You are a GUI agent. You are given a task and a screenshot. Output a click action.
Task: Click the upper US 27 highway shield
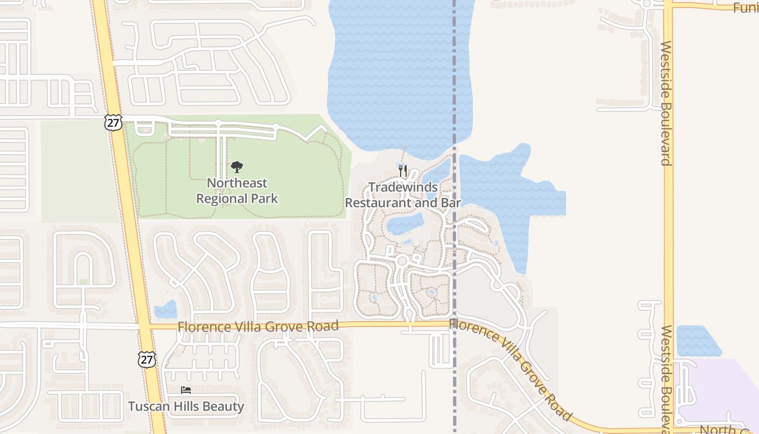coord(113,123)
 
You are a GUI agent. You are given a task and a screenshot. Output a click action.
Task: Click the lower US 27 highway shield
coord(146,359)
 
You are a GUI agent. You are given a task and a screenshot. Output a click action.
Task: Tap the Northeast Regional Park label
coord(237,190)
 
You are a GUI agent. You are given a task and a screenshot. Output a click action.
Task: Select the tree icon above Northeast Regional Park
coord(236,167)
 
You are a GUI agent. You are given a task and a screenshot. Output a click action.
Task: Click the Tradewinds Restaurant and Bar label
coord(403,195)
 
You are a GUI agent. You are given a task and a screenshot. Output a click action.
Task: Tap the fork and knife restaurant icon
coord(403,171)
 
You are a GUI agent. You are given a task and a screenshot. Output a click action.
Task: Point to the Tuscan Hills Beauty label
coord(186,406)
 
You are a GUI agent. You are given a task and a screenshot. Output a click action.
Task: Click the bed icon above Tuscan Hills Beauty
coord(186,390)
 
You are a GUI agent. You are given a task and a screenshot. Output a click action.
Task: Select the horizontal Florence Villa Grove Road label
coord(258,327)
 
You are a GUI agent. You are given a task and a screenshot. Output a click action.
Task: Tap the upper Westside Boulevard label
coord(666,103)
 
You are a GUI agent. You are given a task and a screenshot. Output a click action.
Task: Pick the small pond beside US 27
coord(165,310)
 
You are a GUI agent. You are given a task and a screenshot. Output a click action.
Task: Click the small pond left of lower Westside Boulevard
coord(698,341)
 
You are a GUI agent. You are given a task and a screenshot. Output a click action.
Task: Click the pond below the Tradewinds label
coord(406,223)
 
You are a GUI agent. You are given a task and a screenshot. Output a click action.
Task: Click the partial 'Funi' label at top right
coord(745,8)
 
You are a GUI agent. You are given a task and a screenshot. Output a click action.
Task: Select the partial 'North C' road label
coord(732,429)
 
